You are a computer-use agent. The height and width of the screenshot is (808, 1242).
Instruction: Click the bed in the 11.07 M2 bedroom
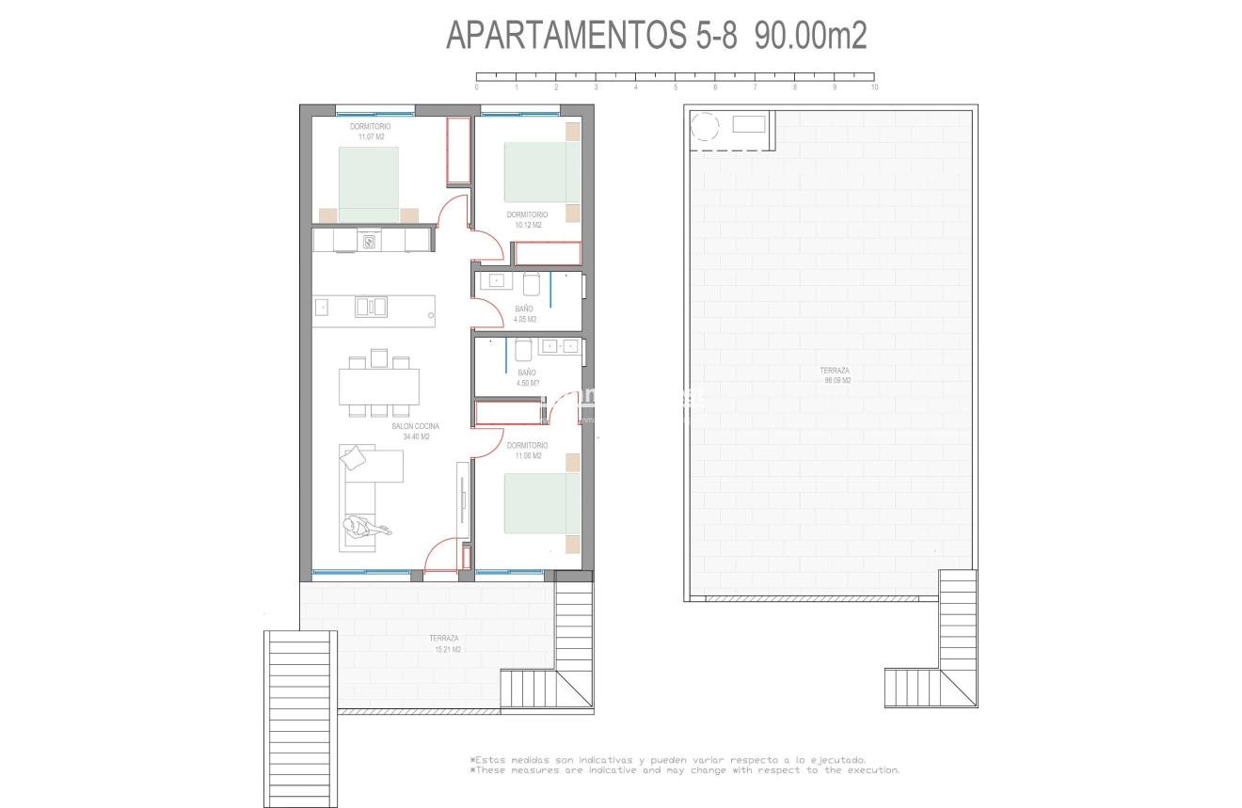(368, 182)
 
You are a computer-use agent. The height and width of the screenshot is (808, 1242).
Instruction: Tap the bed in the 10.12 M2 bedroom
(542, 171)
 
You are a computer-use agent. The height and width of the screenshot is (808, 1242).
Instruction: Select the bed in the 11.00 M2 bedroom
(542, 503)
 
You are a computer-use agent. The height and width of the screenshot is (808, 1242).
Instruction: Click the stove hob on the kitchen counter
(370, 242)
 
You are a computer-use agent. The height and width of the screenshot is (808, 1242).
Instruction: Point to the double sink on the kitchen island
(371, 307)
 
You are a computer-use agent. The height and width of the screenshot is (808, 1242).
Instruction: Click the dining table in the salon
(379, 386)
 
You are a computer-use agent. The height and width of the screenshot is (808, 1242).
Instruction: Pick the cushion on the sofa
(355, 458)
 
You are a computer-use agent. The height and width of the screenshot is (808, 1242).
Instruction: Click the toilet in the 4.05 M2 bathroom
(532, 283)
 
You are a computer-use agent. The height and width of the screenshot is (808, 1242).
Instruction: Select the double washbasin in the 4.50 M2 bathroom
(561, 346)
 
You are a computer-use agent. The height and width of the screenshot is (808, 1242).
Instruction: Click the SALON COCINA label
(415, 426)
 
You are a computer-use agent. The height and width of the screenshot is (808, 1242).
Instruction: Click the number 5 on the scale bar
(676, 87)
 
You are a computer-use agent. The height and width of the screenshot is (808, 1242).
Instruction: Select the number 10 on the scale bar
(874, 87)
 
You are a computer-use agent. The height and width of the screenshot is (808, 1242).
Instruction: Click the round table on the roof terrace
(704, 126)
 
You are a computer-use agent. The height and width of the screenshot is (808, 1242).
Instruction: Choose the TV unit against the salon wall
(462, 499)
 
